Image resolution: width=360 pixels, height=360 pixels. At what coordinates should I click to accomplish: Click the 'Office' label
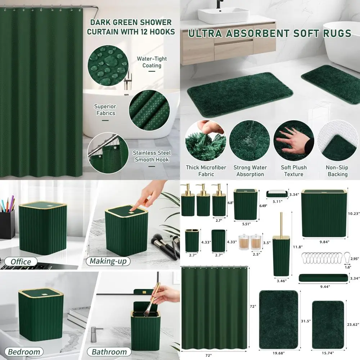(21, 261)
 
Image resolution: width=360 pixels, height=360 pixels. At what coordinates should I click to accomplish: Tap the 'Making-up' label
(108, 261)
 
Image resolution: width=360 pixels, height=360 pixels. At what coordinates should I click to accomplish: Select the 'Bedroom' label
(24, 351)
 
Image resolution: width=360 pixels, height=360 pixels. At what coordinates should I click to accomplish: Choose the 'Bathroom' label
(109, 352)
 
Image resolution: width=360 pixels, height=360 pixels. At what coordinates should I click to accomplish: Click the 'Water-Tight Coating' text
(152, 62)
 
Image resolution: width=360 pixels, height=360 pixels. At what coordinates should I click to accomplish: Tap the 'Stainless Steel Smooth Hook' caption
(151, 156)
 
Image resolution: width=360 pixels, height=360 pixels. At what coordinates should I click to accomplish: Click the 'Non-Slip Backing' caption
(337, 171)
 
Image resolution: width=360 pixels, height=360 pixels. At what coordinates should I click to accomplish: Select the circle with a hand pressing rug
(293, 140)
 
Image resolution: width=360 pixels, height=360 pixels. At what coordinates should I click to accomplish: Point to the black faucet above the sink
(219, 4)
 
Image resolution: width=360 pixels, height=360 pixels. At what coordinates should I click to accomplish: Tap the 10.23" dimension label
(353, 213)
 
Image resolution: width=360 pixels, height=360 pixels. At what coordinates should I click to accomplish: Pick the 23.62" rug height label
(352, 324)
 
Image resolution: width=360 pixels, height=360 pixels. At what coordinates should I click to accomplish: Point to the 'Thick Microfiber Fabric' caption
(206, 171)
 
